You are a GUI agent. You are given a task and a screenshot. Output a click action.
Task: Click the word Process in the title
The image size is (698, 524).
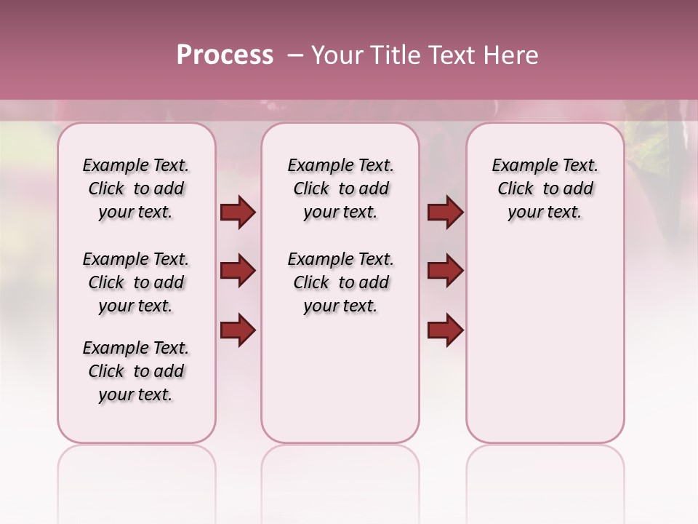pos(225,55)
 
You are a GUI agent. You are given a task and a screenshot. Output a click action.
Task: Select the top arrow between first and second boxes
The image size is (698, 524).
pos(238,212)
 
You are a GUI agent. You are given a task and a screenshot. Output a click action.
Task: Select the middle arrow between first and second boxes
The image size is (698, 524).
pos(238,271)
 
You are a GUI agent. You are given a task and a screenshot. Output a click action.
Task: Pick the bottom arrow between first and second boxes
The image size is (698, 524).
pos(238,330)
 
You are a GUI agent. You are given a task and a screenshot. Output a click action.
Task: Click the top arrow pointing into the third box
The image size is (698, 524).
pos(445,212)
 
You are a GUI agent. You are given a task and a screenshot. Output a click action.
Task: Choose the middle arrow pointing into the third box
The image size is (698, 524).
pos(445,271)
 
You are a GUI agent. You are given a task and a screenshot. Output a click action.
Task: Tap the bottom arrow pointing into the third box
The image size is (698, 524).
pos(445,330)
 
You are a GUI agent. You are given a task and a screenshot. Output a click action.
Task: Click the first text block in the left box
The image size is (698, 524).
pos(136,188)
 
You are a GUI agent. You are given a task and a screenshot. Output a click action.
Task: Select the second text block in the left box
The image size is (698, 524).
pos(136,282)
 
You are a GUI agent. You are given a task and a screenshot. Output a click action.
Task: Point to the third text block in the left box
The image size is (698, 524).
pos(136,371)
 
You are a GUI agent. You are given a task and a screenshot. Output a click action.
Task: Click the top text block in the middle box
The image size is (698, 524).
pos(340,188)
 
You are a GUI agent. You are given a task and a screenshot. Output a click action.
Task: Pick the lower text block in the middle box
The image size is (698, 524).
pos(340,282)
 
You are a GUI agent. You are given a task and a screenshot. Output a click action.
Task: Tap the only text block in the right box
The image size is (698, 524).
pos(545,188)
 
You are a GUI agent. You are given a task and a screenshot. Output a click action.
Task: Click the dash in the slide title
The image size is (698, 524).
pos(295,55)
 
